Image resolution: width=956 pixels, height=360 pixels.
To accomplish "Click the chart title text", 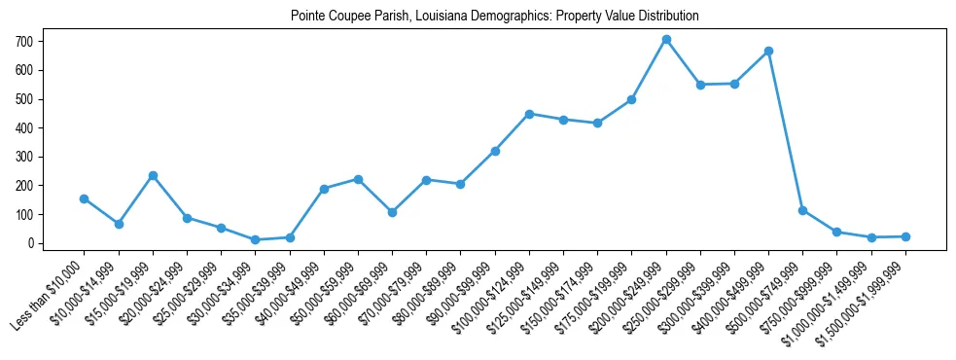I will pyautogui.click(x=494, y=16).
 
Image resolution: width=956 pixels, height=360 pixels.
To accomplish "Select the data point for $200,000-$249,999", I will pyautogui.click(x=666, y=40).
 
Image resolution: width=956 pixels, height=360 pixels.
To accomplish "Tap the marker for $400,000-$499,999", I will pyautogui.click(x=768, y=51).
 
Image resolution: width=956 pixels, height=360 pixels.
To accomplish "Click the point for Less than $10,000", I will pyautogui.click(x=85, y=198).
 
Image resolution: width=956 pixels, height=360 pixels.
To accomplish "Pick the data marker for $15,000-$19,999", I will pyautogui.click(x=153, y=175).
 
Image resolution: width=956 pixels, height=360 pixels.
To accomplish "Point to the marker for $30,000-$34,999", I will pyautogui.click(x=255, y=239).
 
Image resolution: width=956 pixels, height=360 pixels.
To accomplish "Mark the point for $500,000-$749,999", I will pyautogui.click(x=802, y=210).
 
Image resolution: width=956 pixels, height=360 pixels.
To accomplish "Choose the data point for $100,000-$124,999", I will pyautogui.click(x=529, y=114).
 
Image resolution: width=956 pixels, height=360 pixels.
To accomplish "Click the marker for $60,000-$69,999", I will pyautogui.click(x=392, y=212).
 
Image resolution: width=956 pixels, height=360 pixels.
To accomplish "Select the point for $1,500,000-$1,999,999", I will pyautogui.click(x=905, y=236).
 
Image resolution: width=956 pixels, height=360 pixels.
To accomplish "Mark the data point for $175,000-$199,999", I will pyautogui.click(x=631, y=99).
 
